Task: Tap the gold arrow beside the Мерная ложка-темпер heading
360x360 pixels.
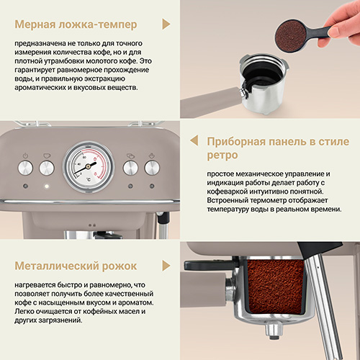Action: (x=166, y=24)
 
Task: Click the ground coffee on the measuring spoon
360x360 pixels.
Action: (x=291, y=36)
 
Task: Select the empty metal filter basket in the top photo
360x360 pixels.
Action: (x=264, y=81)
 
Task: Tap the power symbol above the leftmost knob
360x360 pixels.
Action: (x=25, y=156)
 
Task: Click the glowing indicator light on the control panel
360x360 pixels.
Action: (x=47, y=186)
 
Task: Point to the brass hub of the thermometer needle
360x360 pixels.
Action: (x=89, y=166)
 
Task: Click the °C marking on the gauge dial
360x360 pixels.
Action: (x=89, y=179)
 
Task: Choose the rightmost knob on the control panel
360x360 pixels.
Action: (x=152, y=168)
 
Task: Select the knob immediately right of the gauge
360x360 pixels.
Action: (x=130, y=168)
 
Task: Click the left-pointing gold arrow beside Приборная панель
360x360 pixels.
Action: (x=194, y=140)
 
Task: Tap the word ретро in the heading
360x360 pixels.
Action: (x=222, y=156)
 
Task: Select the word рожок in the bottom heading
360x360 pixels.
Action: (x=120, y=266)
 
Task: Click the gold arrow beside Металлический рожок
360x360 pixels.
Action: (x=166, y=266)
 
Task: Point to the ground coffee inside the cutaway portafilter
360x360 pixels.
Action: (x=276, y=287)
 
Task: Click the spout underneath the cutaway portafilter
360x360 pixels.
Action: (x=274, y=330)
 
